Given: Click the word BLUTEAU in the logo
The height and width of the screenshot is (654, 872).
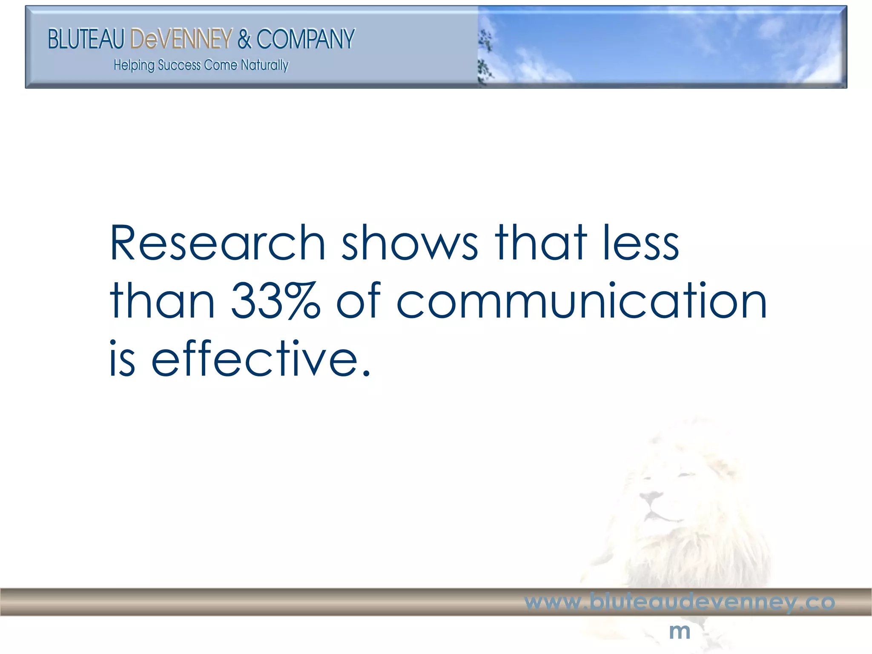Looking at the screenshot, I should click(x=86, y=39).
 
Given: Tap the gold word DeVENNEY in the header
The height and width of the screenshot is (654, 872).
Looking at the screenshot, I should click(x=181, y=39).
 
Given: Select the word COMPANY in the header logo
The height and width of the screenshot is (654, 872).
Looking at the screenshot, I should click(x=305, y=39).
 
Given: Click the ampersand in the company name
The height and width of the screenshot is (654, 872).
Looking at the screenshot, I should click(x=244, y=39).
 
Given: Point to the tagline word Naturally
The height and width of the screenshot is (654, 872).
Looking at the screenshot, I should click(x=264, y=65).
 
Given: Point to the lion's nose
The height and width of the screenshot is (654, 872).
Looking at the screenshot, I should click(x=651, y=496).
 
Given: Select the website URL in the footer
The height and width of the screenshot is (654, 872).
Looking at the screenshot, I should click(x=680, y=602).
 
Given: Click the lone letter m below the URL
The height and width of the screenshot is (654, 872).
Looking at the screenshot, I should click(x=680, y=631).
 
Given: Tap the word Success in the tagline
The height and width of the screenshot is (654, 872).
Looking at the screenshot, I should click(x=179, y=65).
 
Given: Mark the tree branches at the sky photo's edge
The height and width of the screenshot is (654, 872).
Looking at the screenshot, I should click(x=485, y=55).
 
